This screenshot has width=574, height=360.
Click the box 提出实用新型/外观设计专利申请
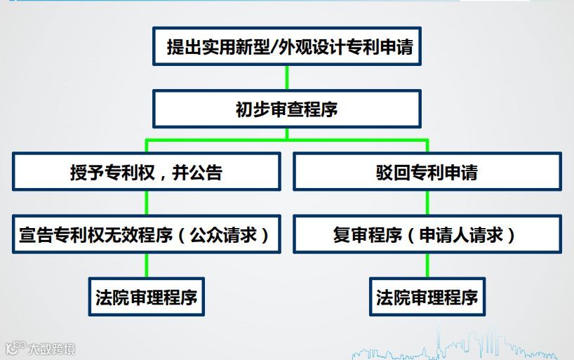tap(287, 47)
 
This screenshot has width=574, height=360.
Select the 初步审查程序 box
tap(287, 109)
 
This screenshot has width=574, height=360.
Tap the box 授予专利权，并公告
tap(146, 172)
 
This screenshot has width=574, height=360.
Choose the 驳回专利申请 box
tap(427, 172)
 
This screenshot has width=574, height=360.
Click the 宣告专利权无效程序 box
tap(146, 234)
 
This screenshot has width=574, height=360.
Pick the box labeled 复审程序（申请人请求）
tap(427, 234)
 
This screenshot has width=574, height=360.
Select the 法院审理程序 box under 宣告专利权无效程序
tap(146, 297)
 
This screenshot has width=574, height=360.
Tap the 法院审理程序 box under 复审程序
tap(427, 297)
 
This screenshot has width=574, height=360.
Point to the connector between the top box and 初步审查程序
tap(287, 77)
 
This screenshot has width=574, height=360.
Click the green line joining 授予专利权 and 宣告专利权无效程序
tap(146, 203)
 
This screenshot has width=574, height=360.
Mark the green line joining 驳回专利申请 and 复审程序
tap(427, 203)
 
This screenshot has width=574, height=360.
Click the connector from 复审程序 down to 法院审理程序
tap(427, 265)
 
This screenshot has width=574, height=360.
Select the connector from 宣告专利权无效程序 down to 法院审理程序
tap(146, 265)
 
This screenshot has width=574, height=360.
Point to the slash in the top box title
tap(275, 47)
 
